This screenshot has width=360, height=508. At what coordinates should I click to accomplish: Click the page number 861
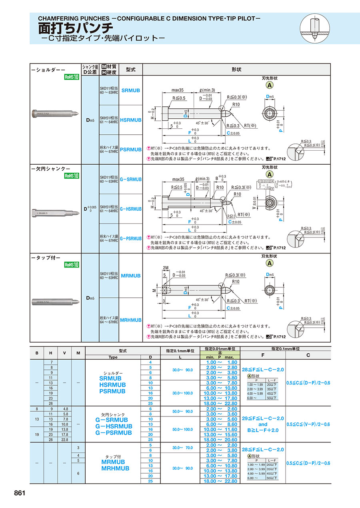(20, 493)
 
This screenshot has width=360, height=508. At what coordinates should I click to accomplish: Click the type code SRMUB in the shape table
(131, 91)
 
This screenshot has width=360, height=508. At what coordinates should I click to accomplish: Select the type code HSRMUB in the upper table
(131, 120)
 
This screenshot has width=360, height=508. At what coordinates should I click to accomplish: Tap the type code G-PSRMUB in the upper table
(131, 239)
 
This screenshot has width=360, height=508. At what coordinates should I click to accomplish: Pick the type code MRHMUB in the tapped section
(131, 320)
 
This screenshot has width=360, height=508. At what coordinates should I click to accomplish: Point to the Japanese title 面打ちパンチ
(76, 28)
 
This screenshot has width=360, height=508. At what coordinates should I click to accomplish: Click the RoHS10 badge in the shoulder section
(72, 78)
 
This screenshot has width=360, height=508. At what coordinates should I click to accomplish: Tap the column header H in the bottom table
(51, 353)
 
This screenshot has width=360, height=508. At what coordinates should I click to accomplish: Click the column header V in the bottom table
(64, 353)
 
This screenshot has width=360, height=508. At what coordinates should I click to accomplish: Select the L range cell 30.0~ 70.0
(182, 448)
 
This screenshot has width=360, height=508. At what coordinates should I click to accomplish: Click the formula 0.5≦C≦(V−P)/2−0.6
(308, 424)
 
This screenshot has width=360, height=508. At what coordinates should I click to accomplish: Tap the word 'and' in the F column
(262, 424)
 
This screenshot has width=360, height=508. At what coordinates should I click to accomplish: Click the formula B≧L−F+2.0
(262, 430)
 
